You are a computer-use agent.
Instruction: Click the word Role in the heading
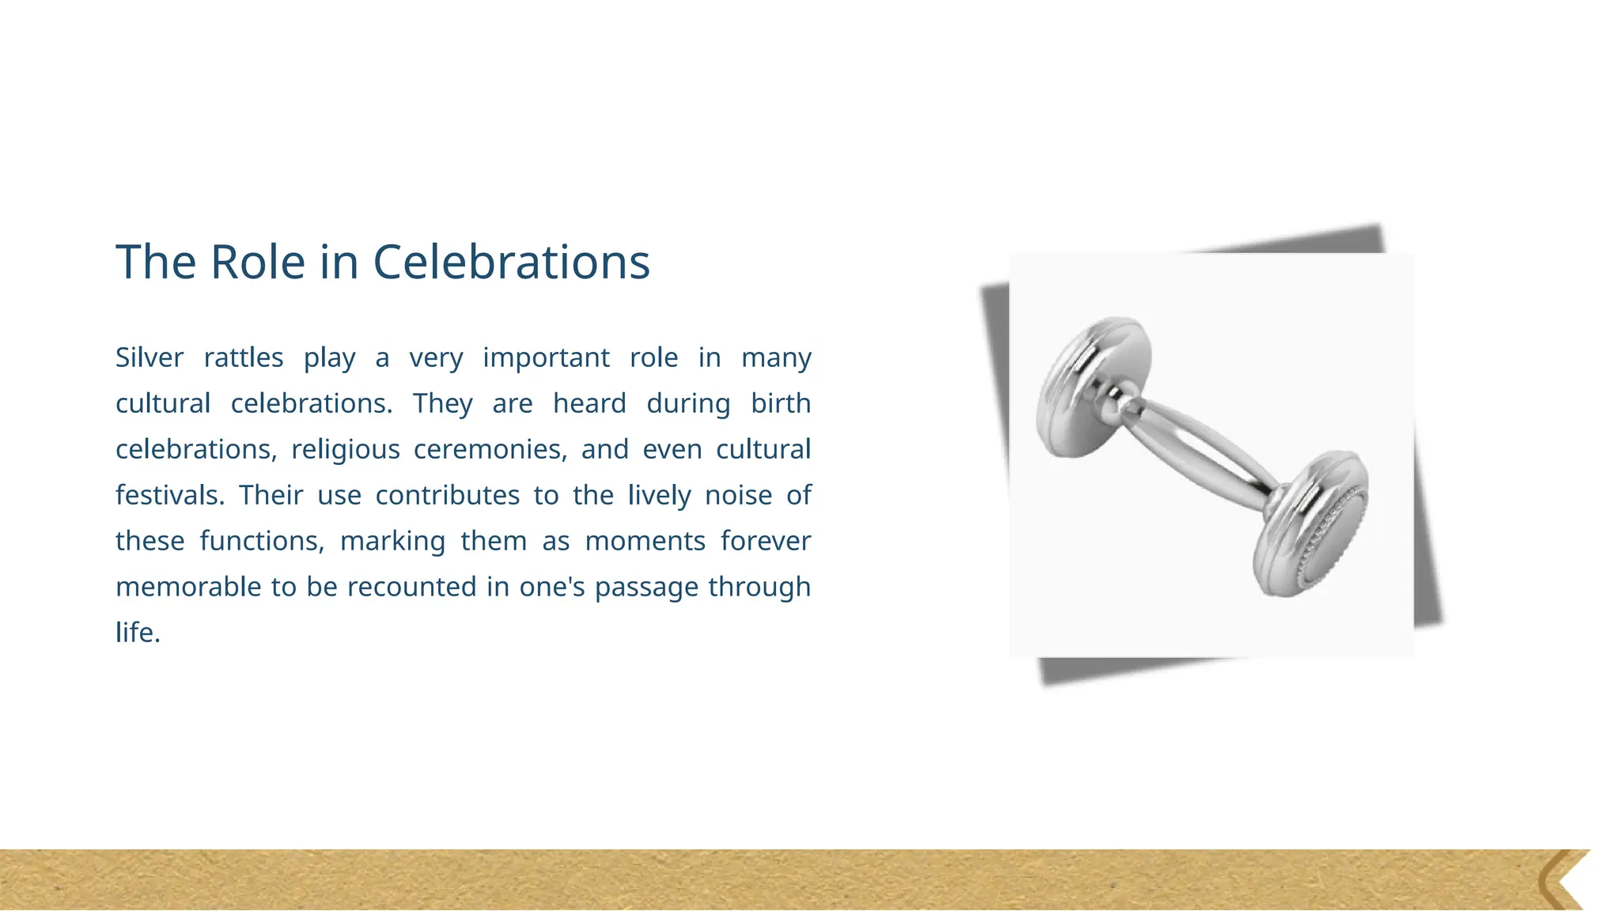[258, 262]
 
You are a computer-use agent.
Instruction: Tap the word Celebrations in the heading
[511, 262]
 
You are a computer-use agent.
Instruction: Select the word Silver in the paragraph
[150, 357]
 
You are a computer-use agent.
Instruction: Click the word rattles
[244, 357]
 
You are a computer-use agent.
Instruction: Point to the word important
[546, 357]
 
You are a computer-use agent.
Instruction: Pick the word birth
[781, 403]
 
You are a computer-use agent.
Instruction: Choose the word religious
[346, 449]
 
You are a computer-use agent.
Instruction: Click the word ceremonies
[490, 449]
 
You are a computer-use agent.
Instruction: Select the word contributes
[447, 495]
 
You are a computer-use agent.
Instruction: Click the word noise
[738, 495]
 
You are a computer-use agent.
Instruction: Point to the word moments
[645, 541]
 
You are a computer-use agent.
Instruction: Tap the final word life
[138, 633]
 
